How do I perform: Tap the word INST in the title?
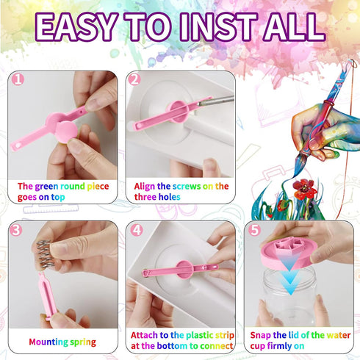219,27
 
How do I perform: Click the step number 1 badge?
18,79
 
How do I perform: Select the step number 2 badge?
134,79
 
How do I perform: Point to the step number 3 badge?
16,230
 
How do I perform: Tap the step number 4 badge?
137,230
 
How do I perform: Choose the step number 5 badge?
255,230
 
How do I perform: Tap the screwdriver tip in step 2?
200,104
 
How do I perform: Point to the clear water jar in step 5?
289,295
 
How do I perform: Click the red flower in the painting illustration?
304,189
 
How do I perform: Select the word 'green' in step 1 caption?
47,187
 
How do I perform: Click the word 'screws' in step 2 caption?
187,187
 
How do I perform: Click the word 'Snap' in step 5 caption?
260,335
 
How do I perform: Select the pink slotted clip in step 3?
47,296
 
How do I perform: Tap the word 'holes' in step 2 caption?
169,197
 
